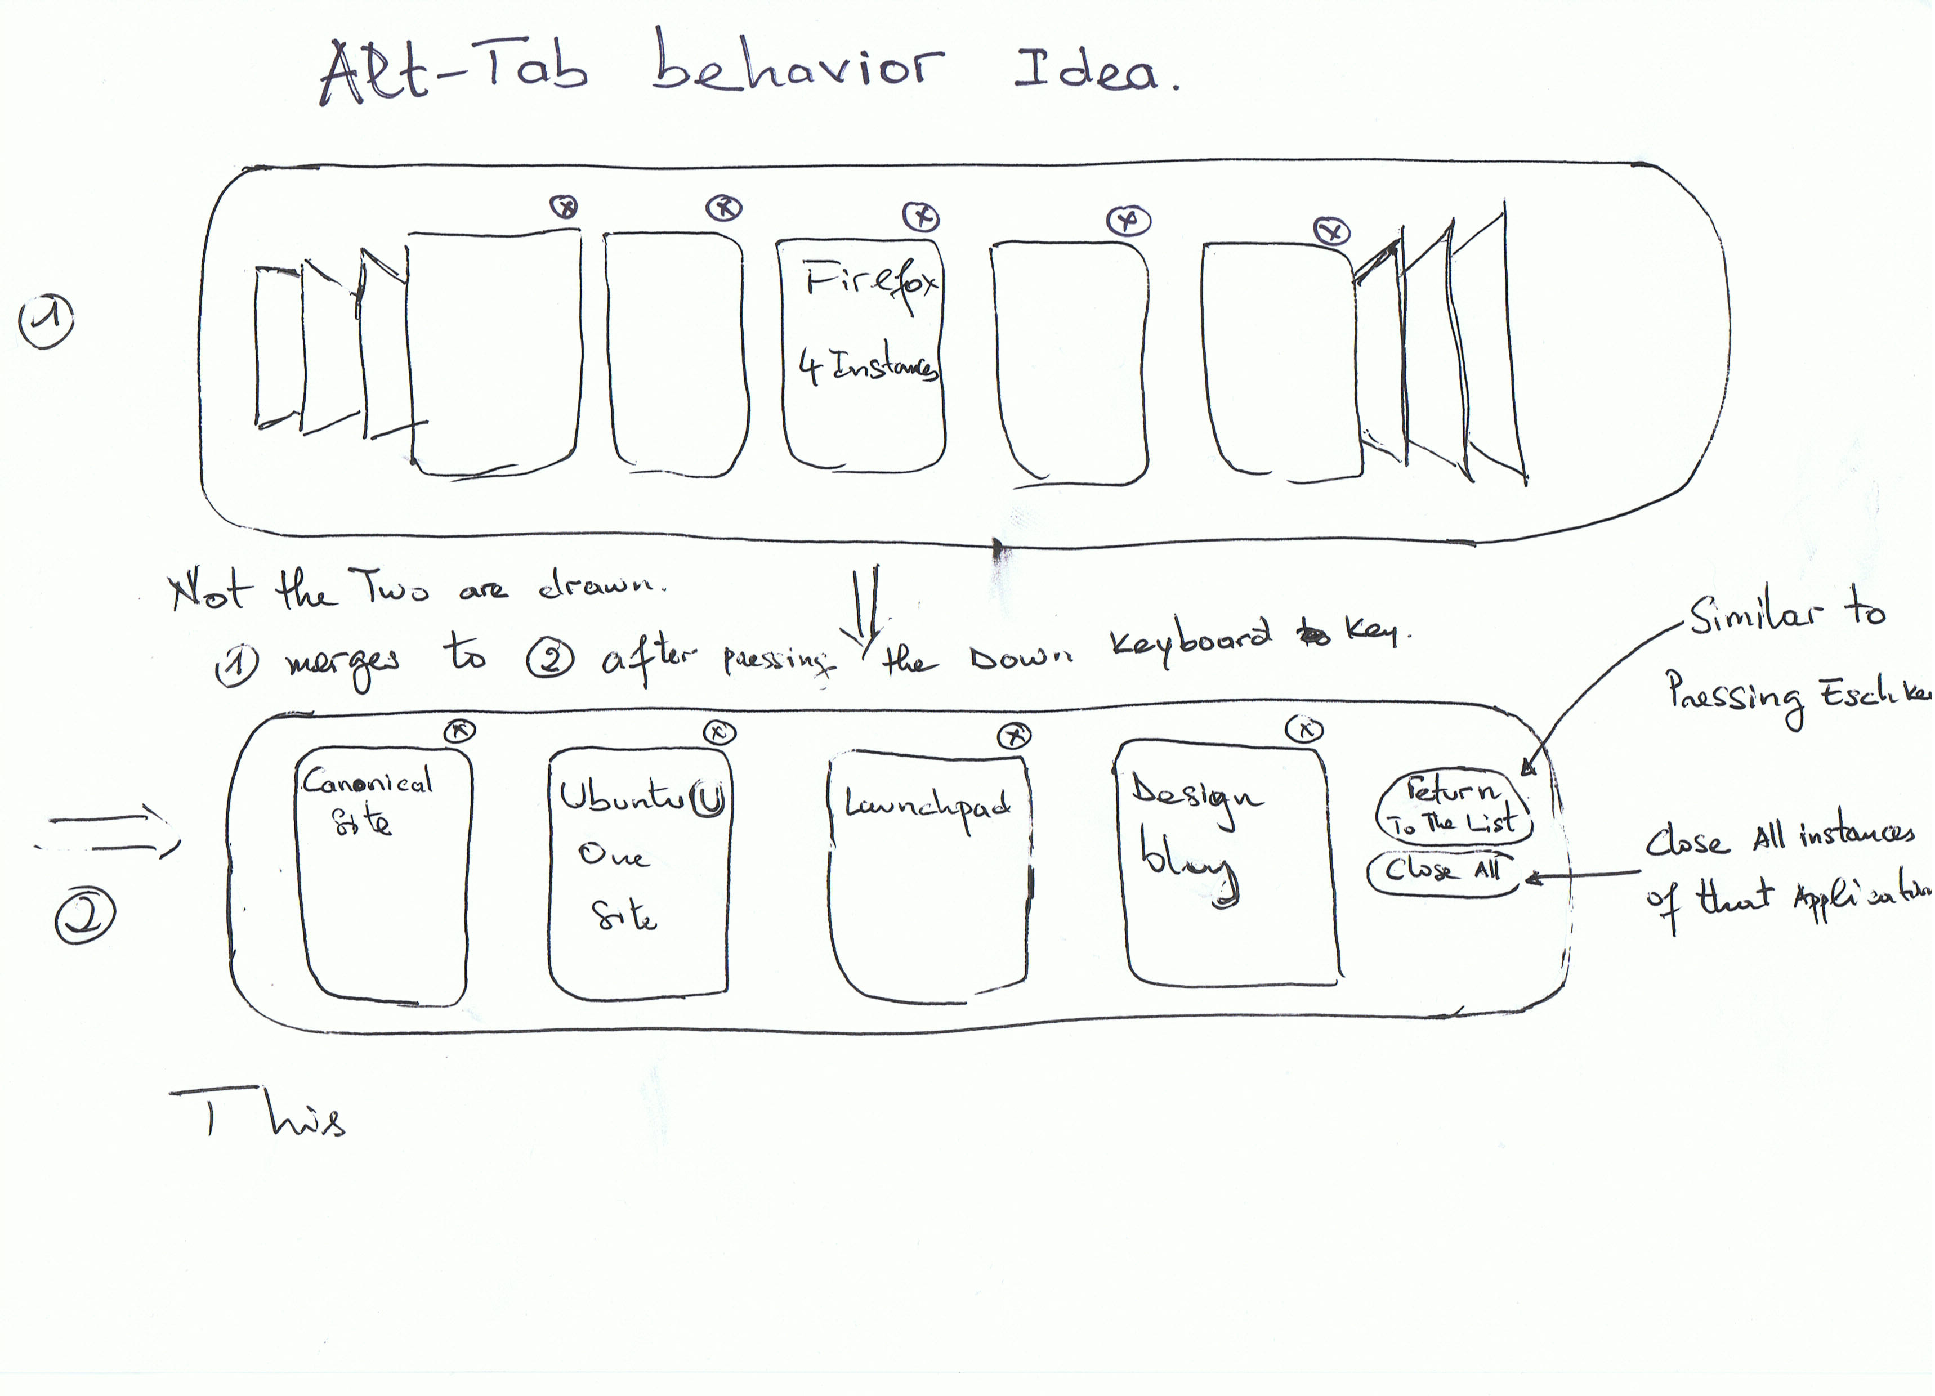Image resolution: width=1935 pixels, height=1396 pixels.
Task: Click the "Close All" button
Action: [x=1443, y=871]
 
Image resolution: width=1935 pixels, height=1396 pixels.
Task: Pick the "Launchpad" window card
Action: [x=928, y=875]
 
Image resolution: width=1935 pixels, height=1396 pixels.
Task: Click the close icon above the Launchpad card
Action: [x=1015, y=736]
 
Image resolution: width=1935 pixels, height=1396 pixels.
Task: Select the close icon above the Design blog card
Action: [x=1304, y=730]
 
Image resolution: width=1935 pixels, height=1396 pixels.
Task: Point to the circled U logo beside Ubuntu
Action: [x=708, y=799]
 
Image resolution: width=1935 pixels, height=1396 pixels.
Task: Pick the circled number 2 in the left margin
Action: [x=84, y=916]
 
